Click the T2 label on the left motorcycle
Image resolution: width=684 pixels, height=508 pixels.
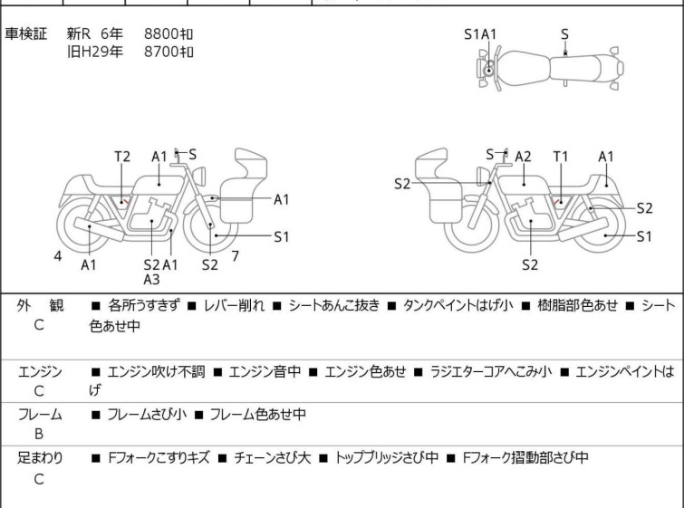[122, 157]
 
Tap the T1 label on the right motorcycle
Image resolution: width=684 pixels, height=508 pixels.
[561, 157]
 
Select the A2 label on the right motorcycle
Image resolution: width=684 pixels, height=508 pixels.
[523, 157]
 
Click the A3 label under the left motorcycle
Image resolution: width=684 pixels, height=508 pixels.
[151, 279]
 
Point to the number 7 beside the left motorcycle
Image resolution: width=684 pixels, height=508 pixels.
[236, 256]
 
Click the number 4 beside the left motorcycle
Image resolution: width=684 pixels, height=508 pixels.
[58, 256]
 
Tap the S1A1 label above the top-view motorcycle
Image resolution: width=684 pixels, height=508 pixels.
[480, 34]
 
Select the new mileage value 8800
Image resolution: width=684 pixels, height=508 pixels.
[169, 34]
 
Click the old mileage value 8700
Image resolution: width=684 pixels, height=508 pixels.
[169, 52]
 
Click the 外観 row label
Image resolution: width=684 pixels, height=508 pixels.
[40, 306]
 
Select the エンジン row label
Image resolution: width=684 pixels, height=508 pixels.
[40, 371]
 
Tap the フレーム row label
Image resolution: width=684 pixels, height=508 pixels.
[40, 415]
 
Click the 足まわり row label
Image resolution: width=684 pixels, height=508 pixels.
[40, 458]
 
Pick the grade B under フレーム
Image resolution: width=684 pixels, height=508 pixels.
[39, 434]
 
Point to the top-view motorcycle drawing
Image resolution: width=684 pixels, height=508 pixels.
[549, 69]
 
